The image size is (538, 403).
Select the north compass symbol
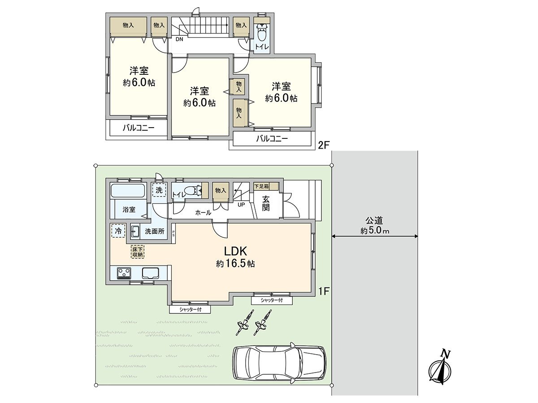[x=441, y=369]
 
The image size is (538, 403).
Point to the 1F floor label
[x=324, y=291]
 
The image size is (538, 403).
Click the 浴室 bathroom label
[x=129, y=210]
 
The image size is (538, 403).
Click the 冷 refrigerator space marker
[x=118, y=231]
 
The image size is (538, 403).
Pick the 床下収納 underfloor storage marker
[x=137, y=252]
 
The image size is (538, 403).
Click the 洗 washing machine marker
[x=158, y=190]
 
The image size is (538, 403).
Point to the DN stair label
[x=179, y=39]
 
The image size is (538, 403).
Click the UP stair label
[x=241, y=205]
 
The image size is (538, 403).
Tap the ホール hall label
[x=203, y=213]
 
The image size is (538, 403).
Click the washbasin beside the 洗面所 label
[x=135, y=232]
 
